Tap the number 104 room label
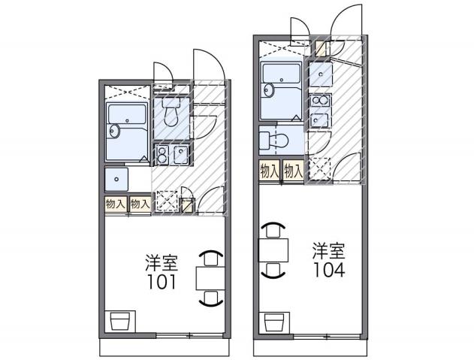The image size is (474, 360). [329, 271]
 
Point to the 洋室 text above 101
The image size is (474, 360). [162, 263]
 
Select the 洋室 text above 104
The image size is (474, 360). [329, 251]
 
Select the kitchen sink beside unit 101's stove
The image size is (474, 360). [181, 155]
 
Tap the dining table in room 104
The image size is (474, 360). [273, 249]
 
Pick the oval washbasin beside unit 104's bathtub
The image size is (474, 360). [268, 89]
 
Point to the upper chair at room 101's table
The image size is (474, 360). [210, 257]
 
